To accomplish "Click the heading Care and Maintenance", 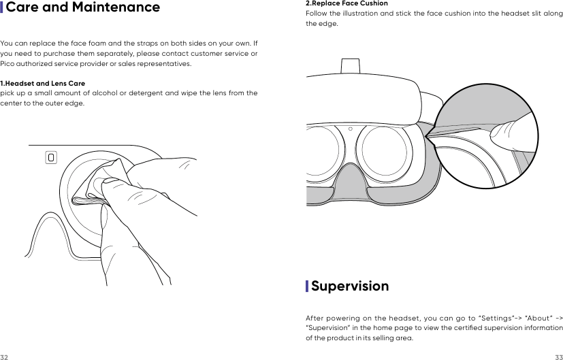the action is tap(83, 8).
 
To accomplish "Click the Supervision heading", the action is tap(350, 286).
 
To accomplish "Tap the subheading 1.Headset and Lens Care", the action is tap(42, 83).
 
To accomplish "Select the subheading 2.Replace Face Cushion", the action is tap(347, 3).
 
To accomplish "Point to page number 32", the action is tap(4, 357).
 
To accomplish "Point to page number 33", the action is tap(558, 357).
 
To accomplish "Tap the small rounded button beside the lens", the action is tap(51, 157).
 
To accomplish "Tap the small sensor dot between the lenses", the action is tap(350, 128).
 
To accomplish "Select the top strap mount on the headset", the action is tap(351, 64).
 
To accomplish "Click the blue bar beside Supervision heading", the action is tap(307, 286).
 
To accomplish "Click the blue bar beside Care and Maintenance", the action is tap(2, 8).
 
